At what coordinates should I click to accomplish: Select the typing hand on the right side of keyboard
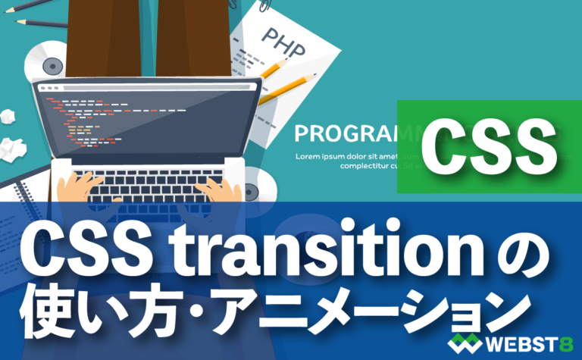pos(216,189)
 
